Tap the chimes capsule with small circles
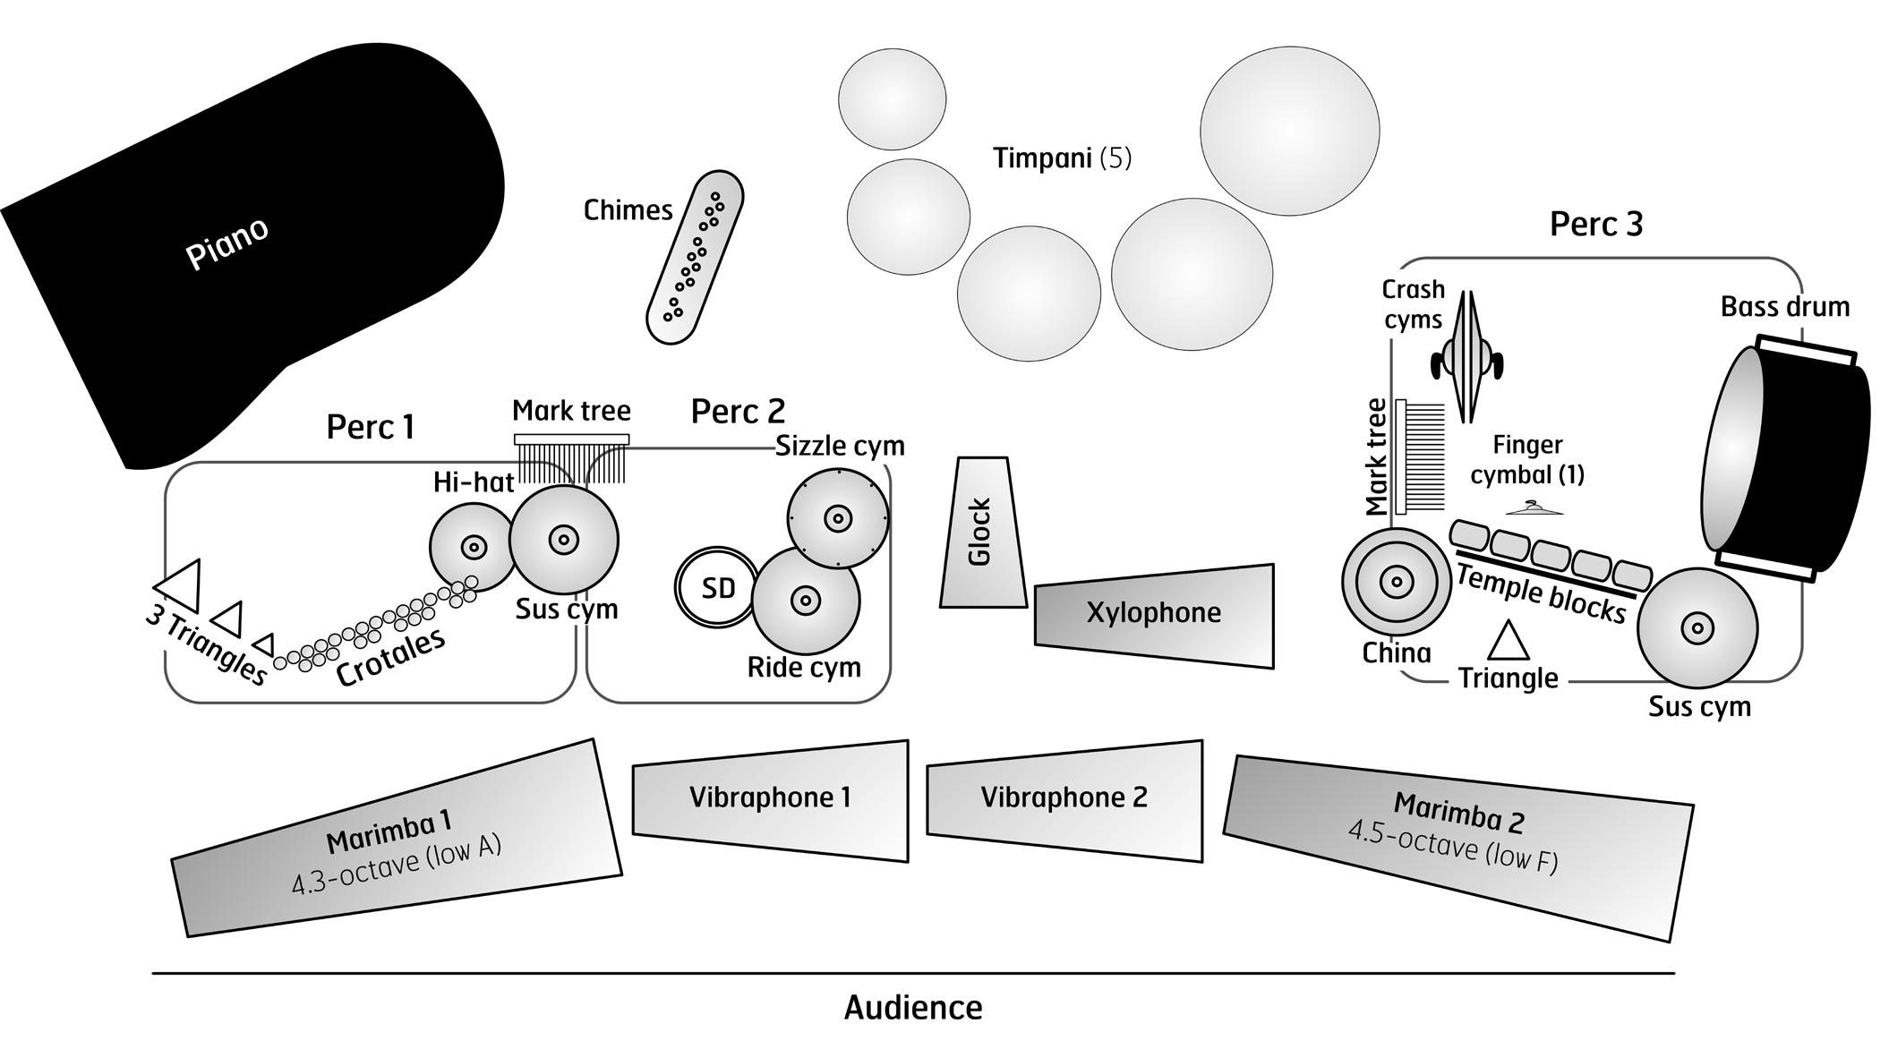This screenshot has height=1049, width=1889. [x=695, y=258]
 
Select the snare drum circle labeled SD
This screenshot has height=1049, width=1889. [x=716, y=587]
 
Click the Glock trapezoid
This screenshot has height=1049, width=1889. [x=982, y=533]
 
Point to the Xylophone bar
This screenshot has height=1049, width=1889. [x=1154, y=614]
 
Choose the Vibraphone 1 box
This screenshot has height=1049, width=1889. [x=770, y=798]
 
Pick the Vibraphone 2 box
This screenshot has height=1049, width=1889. [x=1064, y=798]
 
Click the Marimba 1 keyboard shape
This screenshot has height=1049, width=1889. [x=396, y=841]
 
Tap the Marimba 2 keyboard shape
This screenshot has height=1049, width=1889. [x=1459, y=845]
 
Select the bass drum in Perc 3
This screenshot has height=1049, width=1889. [x=1786, y=456]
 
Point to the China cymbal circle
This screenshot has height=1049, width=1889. [x=1396, y=583]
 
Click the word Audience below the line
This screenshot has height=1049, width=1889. [x=913, y=1008]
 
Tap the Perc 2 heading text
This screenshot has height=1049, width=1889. [x=738, y=412]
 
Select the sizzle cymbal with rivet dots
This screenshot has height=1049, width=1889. [x=838, y=518]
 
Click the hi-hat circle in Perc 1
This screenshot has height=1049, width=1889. [x=472, y=546]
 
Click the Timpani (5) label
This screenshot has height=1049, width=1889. [x=1062, y=158]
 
